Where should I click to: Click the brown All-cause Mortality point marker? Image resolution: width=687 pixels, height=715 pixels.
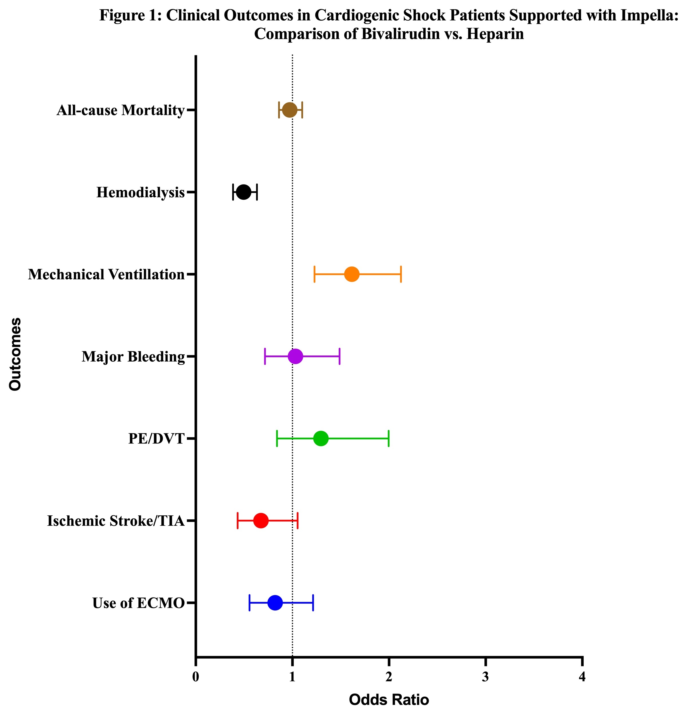pyautogui.click(x=290, y=110)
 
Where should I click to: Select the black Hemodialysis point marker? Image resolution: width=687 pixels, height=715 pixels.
pyautogui.click(x=244, y=192)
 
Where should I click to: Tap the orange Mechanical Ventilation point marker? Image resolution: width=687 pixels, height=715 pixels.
pyautogui.click(x=352, y=274)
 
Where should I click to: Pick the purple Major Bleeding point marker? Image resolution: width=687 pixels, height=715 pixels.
pyautogui.click(x=295, y=356)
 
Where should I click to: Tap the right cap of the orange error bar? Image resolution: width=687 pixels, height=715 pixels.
pyautogui.click(x=401, y=274)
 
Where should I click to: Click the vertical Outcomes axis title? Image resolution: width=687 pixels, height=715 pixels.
pyautogui.click(x=15, y=354)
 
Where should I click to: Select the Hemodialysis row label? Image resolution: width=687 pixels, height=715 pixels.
pyautogui.click(x=140, y=192)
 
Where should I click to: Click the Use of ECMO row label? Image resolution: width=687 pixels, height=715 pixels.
pyautogui.click(x=139, y=603)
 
